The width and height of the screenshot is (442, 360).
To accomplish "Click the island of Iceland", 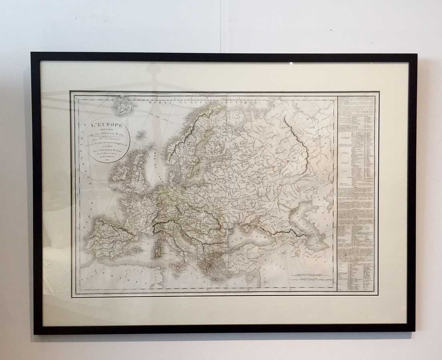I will [x=123, y=105].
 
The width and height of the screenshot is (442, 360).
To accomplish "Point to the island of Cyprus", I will [x=251, y=276].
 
